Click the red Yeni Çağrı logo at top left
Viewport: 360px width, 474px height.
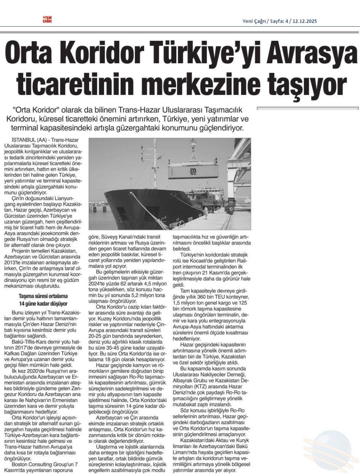coord(48,19)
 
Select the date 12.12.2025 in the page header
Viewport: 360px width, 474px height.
coord(303,22)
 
